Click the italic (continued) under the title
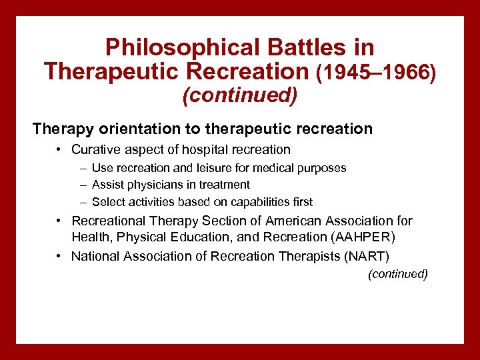pos(240,95)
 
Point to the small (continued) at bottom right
pos(398,274)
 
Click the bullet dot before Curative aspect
pos(60,150)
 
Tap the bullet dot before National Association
pos(60,257)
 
